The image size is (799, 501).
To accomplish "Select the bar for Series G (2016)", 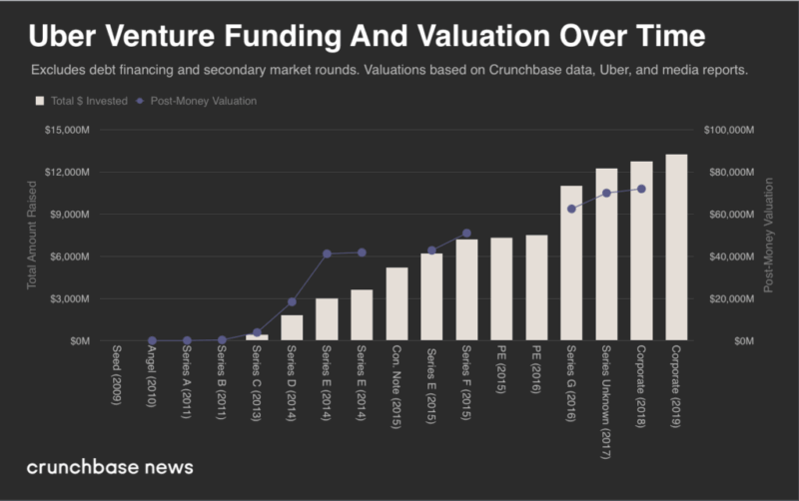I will point(571,263).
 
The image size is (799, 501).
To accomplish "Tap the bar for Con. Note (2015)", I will point(397,303).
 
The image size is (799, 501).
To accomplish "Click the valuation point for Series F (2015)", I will point(466,234).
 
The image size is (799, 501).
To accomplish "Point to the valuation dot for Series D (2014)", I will point(292,301).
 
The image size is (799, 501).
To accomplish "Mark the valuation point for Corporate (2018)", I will point(641,189).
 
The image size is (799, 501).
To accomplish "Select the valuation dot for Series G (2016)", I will point(571,209).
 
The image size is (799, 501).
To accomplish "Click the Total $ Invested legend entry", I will point(81,101).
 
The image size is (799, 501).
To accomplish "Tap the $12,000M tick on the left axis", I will point(66,173).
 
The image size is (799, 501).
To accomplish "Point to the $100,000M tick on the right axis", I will point(730,130).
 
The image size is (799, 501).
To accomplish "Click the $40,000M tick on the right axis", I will point(730,256).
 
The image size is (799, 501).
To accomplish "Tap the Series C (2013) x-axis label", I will point(257,379).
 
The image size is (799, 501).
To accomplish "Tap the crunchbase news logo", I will point(110,467).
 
